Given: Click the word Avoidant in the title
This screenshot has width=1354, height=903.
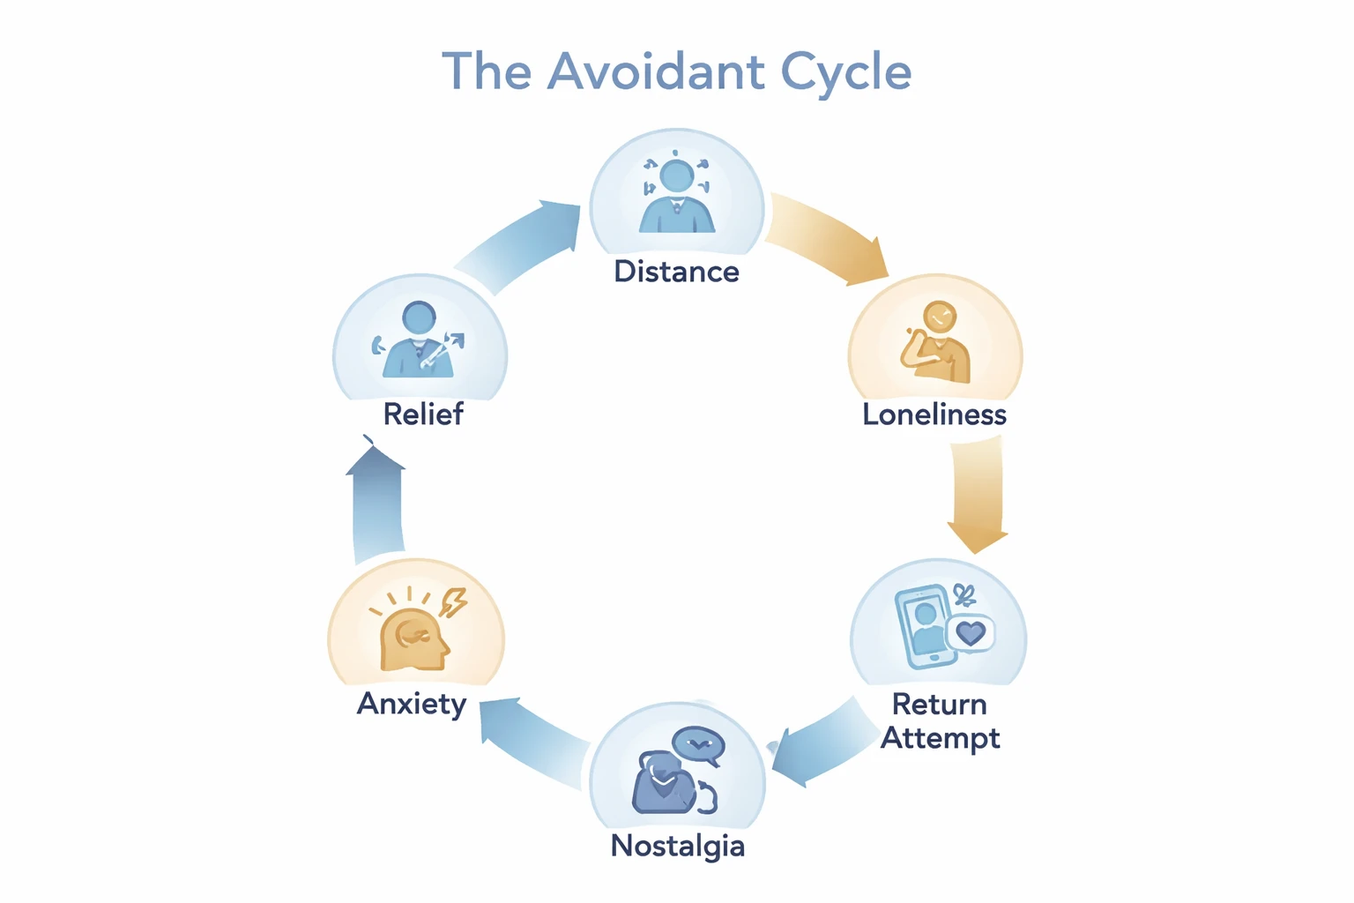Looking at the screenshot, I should pos(656,71).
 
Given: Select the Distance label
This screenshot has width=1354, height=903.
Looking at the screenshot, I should pos(676,272).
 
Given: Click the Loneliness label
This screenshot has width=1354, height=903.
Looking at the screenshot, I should pos(934,414).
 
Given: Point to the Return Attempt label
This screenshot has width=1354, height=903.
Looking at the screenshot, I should pos(940,720).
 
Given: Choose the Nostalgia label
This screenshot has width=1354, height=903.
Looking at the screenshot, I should pos(677,846).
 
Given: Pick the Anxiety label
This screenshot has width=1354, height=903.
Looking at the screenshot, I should pos(412,704).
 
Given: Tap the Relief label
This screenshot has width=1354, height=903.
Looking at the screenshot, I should pos(423,414).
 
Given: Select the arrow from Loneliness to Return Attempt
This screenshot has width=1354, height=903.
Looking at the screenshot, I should pos(977,494).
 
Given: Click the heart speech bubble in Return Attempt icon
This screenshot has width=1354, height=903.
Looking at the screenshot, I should pos(971,633).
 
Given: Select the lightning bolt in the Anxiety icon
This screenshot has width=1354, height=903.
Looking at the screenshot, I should pos(454,602).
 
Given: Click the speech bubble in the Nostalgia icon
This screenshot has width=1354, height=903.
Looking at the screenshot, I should pos(698,746).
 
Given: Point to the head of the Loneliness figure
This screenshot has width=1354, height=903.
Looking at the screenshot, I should pos(940,317).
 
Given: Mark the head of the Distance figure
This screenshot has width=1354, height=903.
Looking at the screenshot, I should pos(676,175).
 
